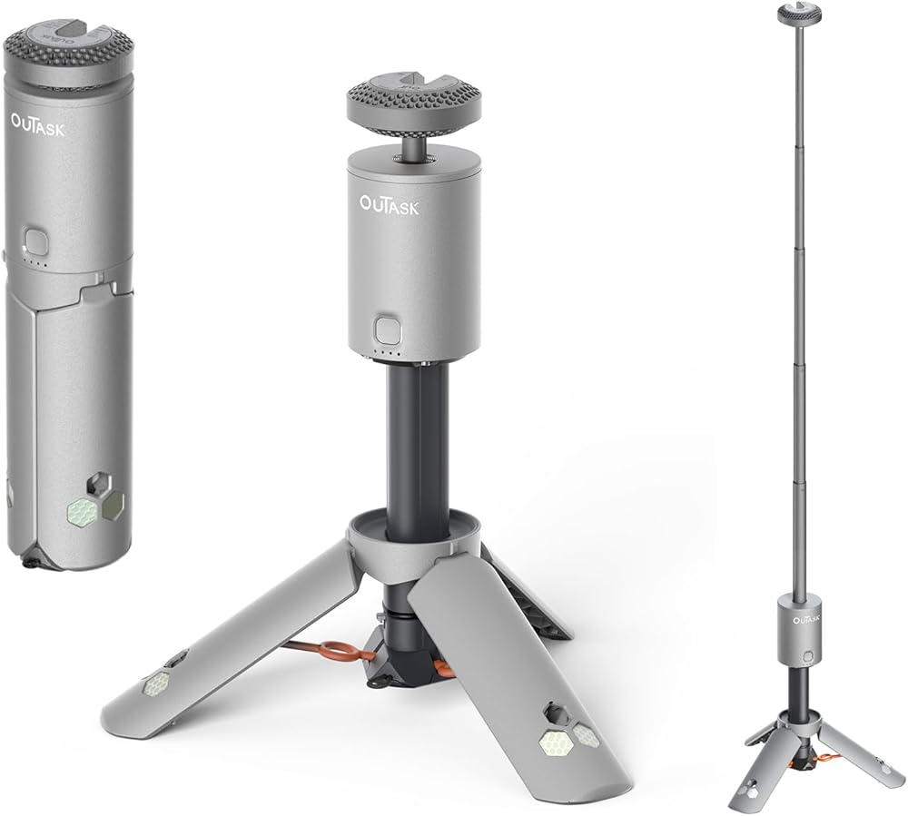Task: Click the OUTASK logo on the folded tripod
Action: click(37, 124)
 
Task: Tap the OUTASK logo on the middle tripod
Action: click(390, 205)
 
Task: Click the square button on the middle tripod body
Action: click(385, 329)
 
